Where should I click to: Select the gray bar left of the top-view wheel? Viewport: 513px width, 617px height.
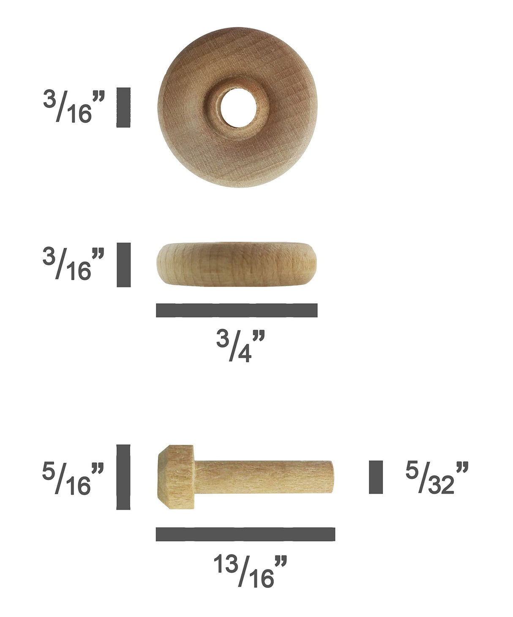click(123, 107)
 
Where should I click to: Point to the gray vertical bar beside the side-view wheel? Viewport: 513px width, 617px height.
click(123, 265)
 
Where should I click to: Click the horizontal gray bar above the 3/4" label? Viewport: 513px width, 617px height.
click(237, 310)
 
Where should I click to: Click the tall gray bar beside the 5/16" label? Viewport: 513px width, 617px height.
click(123, 477)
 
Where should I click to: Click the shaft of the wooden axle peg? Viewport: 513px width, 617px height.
click(258, 477)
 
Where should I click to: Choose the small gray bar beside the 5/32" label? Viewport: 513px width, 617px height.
click(376, 477)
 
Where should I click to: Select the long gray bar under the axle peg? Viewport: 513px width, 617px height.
click(245, 534)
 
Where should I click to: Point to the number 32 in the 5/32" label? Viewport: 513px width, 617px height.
click(441, 486)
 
